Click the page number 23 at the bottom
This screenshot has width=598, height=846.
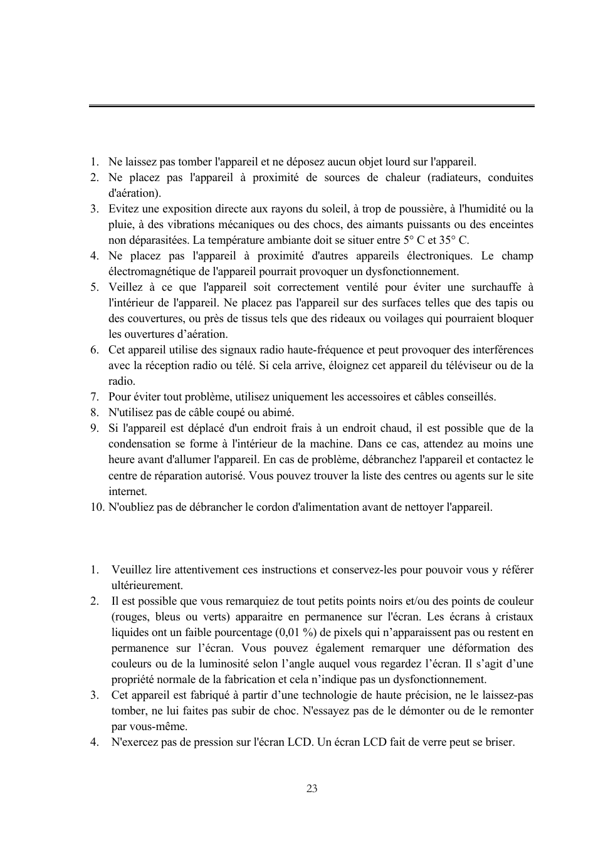(x=312, y=788)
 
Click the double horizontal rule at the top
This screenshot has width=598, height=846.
(x=312, y=106)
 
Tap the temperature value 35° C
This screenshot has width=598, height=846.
(x=453, y=240)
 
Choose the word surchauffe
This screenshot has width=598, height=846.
(x=492, y=287)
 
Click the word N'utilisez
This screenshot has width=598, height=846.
(x=130, y=412)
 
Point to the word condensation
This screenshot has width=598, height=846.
(x=140, y=444)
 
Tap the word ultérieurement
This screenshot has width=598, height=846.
(x=147, y=585)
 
